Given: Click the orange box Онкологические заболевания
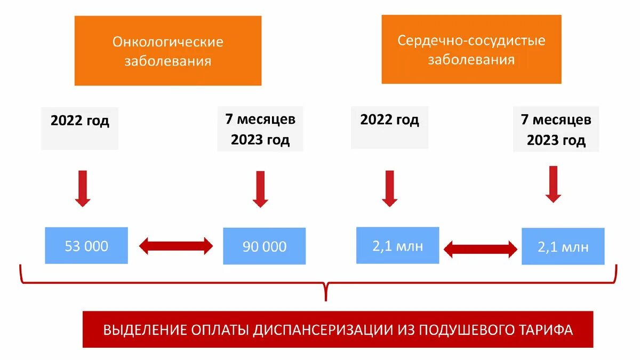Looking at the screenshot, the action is click(167, 51).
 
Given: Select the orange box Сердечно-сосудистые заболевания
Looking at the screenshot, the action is click(471, 49).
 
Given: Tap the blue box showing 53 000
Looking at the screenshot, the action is click(86, 245).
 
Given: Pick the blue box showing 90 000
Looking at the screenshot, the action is click(265, 246).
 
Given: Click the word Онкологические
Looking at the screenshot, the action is click(167, 42).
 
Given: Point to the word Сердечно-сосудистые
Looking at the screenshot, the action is click(471, 41).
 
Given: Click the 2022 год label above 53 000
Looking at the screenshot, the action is click(80, 121).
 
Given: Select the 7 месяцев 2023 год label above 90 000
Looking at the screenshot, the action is click(260, 130).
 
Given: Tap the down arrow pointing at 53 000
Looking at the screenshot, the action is click(83, 188).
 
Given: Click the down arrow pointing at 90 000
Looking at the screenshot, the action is click(260, 189).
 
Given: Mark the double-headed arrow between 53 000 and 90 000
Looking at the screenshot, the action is click(175, 246).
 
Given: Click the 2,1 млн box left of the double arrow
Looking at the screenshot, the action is click(397, 245).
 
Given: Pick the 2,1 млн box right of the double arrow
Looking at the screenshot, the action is click(563, 246).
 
